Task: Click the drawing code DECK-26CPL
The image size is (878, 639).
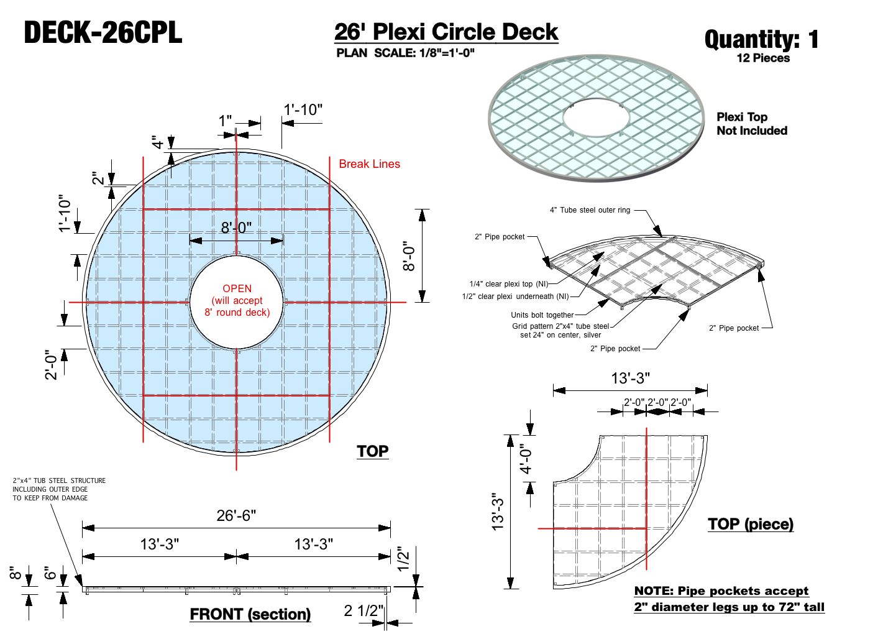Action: click(103, 32)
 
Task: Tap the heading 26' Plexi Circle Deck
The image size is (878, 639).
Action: click(446, 32)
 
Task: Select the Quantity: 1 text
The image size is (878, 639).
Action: click(761, 40)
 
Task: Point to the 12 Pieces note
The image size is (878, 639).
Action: click(763, 58)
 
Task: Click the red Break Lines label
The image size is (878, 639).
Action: click(369, 164)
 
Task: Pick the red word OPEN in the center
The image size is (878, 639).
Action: click(237, 288)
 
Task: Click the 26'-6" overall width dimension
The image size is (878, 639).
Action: click(236, 515)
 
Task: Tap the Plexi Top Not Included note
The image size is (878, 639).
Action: click(751, 124)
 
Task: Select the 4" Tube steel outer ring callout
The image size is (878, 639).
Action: click(590, 210)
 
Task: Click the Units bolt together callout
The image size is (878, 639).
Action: click(542, 315)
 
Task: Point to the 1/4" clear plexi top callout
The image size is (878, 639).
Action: click(508, 284)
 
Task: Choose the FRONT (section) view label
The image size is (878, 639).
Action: click(250, 614)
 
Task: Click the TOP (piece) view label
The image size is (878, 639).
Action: click(751, 524)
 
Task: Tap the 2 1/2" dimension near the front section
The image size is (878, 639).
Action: click(364, 611)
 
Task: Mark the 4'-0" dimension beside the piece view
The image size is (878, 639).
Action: click(526, 459)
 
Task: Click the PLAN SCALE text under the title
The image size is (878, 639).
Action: click(405, 53)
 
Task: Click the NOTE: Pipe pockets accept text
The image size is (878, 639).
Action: click(721, 591)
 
